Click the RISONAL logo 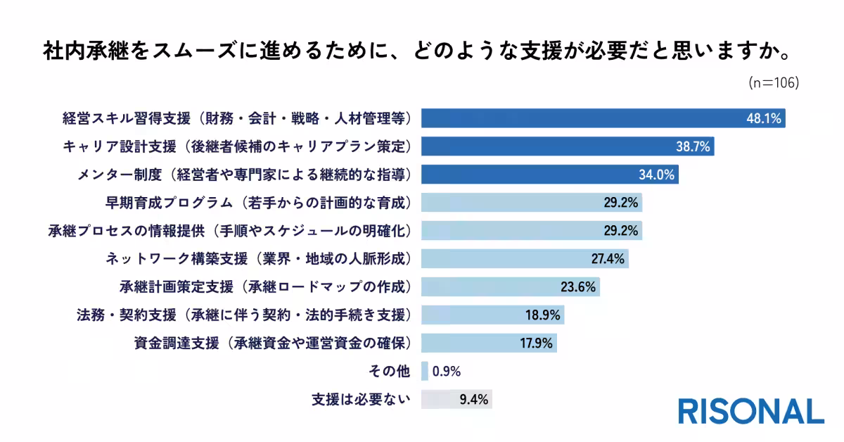tap(750, 411)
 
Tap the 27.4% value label tap(608, 259)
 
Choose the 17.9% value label tap(537, 343)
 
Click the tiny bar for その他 tap(425, 372)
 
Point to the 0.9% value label tap(447, 372)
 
